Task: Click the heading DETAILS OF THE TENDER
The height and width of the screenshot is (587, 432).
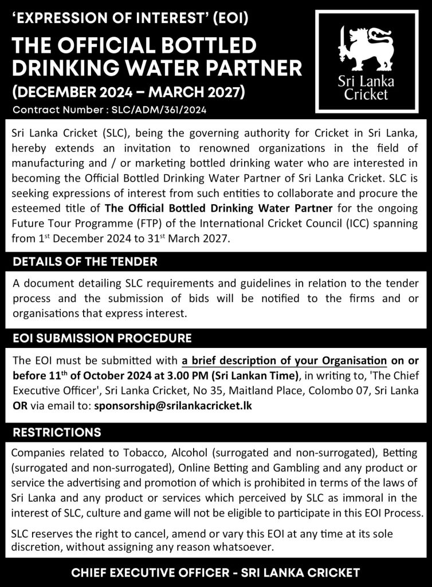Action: point(85,262)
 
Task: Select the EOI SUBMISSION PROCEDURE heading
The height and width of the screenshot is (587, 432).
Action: point(102,338)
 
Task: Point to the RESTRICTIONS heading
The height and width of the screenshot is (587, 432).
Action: point(57,432)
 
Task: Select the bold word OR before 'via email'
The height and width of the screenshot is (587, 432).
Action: point(19,405)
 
